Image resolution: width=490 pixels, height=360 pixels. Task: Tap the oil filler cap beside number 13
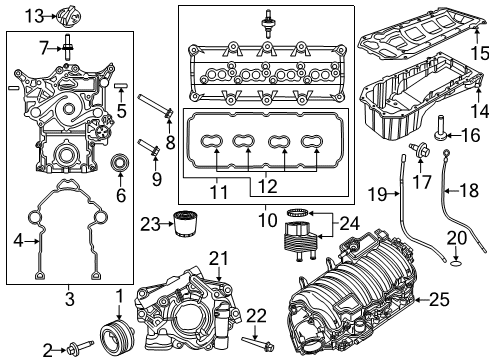(67, 16)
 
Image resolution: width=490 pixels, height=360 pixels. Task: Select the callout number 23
(150, 224)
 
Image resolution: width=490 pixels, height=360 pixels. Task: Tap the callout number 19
(375, 193)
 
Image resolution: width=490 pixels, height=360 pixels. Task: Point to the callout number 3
(67, 297)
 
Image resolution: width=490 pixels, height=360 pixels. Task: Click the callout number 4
(16, 240)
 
